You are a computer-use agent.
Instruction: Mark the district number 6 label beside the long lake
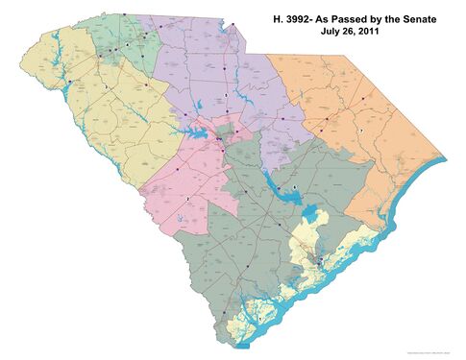coord(296,184)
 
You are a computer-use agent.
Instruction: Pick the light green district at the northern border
coord(120,43)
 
